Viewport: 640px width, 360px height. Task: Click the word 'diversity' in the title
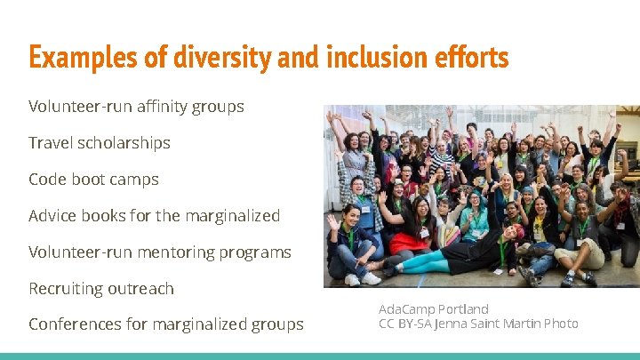pyautogui.click(x=228, y=58)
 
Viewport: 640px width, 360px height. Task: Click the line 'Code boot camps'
pyautogui.click(x=93, y=180)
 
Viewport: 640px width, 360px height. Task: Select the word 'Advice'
pyautogui.click(x=52, y=216)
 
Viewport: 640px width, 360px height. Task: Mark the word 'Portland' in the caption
pyautogui.click(x=463, y=309)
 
